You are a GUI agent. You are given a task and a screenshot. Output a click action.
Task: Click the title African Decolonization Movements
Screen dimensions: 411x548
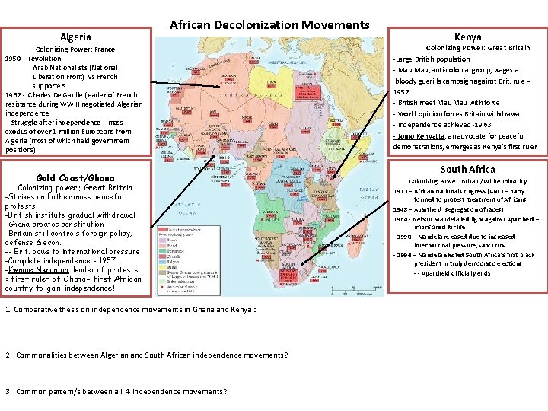click(x=269, y=25)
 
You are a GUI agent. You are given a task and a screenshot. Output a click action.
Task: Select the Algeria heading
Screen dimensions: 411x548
click(x=75, y=37)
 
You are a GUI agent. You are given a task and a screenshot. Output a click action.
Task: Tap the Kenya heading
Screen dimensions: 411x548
click(x=467, y=37)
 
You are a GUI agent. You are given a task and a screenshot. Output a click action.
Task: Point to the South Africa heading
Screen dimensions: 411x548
click(x=467, y=169)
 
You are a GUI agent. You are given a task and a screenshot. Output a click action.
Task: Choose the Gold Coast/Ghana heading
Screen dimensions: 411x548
click(x=75, y=178)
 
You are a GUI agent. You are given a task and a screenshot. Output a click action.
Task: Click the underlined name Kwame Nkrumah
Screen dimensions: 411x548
click(x=39, y=270)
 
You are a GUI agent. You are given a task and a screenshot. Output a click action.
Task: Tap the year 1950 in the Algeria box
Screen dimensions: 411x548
click(x=14, y=59)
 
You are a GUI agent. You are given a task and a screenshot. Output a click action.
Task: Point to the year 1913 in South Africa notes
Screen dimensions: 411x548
click(x=400, y=192)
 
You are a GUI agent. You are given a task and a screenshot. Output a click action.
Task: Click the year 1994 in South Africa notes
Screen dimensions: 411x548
click(x=400, y=256)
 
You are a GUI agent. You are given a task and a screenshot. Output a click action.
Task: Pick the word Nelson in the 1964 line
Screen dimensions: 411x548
click(x=424, y=219)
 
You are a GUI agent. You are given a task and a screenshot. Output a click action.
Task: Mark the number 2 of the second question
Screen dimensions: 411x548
click(x=8, y=355)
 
